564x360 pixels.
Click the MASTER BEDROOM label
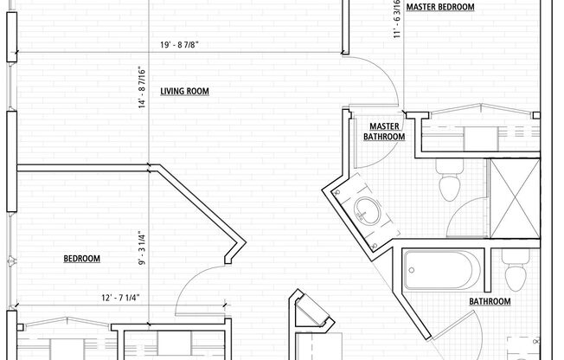click(441, 7)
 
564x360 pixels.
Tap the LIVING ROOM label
click(184, 91)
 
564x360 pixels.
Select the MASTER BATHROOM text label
click(383, 132)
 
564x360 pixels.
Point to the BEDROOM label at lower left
click(82, 259)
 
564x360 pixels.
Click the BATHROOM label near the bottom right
click(489, 301)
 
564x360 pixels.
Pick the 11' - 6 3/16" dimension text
click(397, 19)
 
